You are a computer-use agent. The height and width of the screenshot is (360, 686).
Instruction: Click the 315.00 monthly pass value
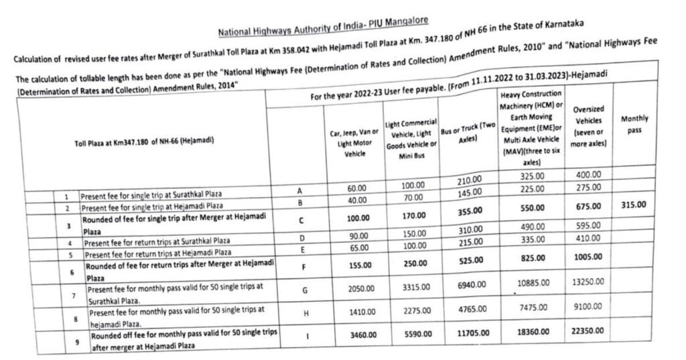tap(633, 205)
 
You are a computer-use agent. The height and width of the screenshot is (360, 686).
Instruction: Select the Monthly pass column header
tap(634, 123)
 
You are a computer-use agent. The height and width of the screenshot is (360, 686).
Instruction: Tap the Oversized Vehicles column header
tap(589, 126)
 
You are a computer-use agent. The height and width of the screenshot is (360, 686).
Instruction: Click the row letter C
tap(301, 220)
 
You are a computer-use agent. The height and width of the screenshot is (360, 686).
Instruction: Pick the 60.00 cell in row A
tap(357, 189)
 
